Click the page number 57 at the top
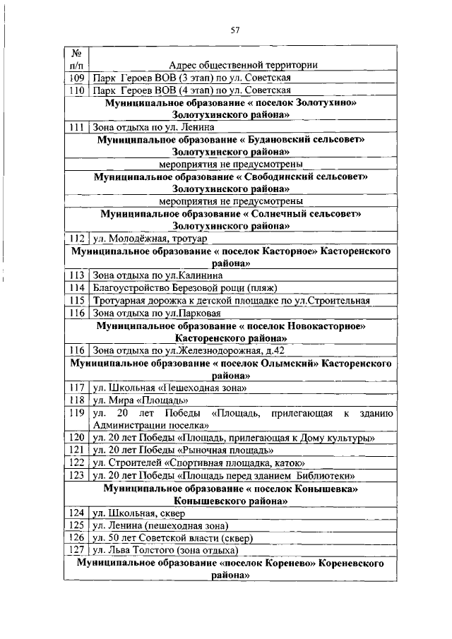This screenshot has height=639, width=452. [x=235, y=30]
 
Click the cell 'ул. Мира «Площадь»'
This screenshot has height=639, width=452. [x=136, y=400]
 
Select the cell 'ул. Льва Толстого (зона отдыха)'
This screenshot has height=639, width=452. [x=165, y=549]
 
